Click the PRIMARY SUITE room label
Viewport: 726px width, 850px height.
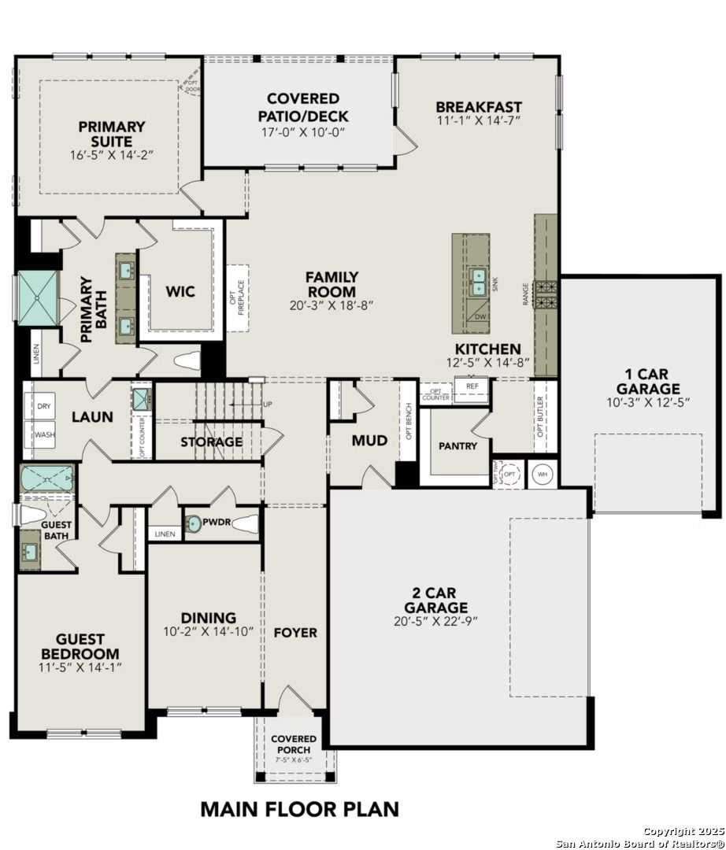[x=111, y=133]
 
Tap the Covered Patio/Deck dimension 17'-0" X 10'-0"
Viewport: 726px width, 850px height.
[x=303, y=132]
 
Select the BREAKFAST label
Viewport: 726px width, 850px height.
[x=479, y=107]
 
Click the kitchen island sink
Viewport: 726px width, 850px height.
[x=478, y=280]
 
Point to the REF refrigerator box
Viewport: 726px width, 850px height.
[x=472, y=387]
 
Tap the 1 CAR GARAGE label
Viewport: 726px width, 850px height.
[x=648, y=381]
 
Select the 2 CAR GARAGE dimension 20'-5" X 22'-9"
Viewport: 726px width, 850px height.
[x=435, y=620]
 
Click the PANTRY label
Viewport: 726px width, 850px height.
[x=457, y=445]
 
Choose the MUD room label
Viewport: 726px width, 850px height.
[x=369, y=441]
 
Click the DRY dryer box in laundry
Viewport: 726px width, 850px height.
[x=44, y=407]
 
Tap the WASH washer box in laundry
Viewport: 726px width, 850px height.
[x=44, y=434]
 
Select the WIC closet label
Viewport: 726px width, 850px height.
[x=180, y=291]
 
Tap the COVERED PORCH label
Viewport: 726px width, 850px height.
[x=294, y=744]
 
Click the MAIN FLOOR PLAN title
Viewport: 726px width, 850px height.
[x=299, y=808]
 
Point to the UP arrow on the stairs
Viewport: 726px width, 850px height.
[x=268, y=405]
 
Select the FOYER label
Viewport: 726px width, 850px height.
[x=295, y=632]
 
